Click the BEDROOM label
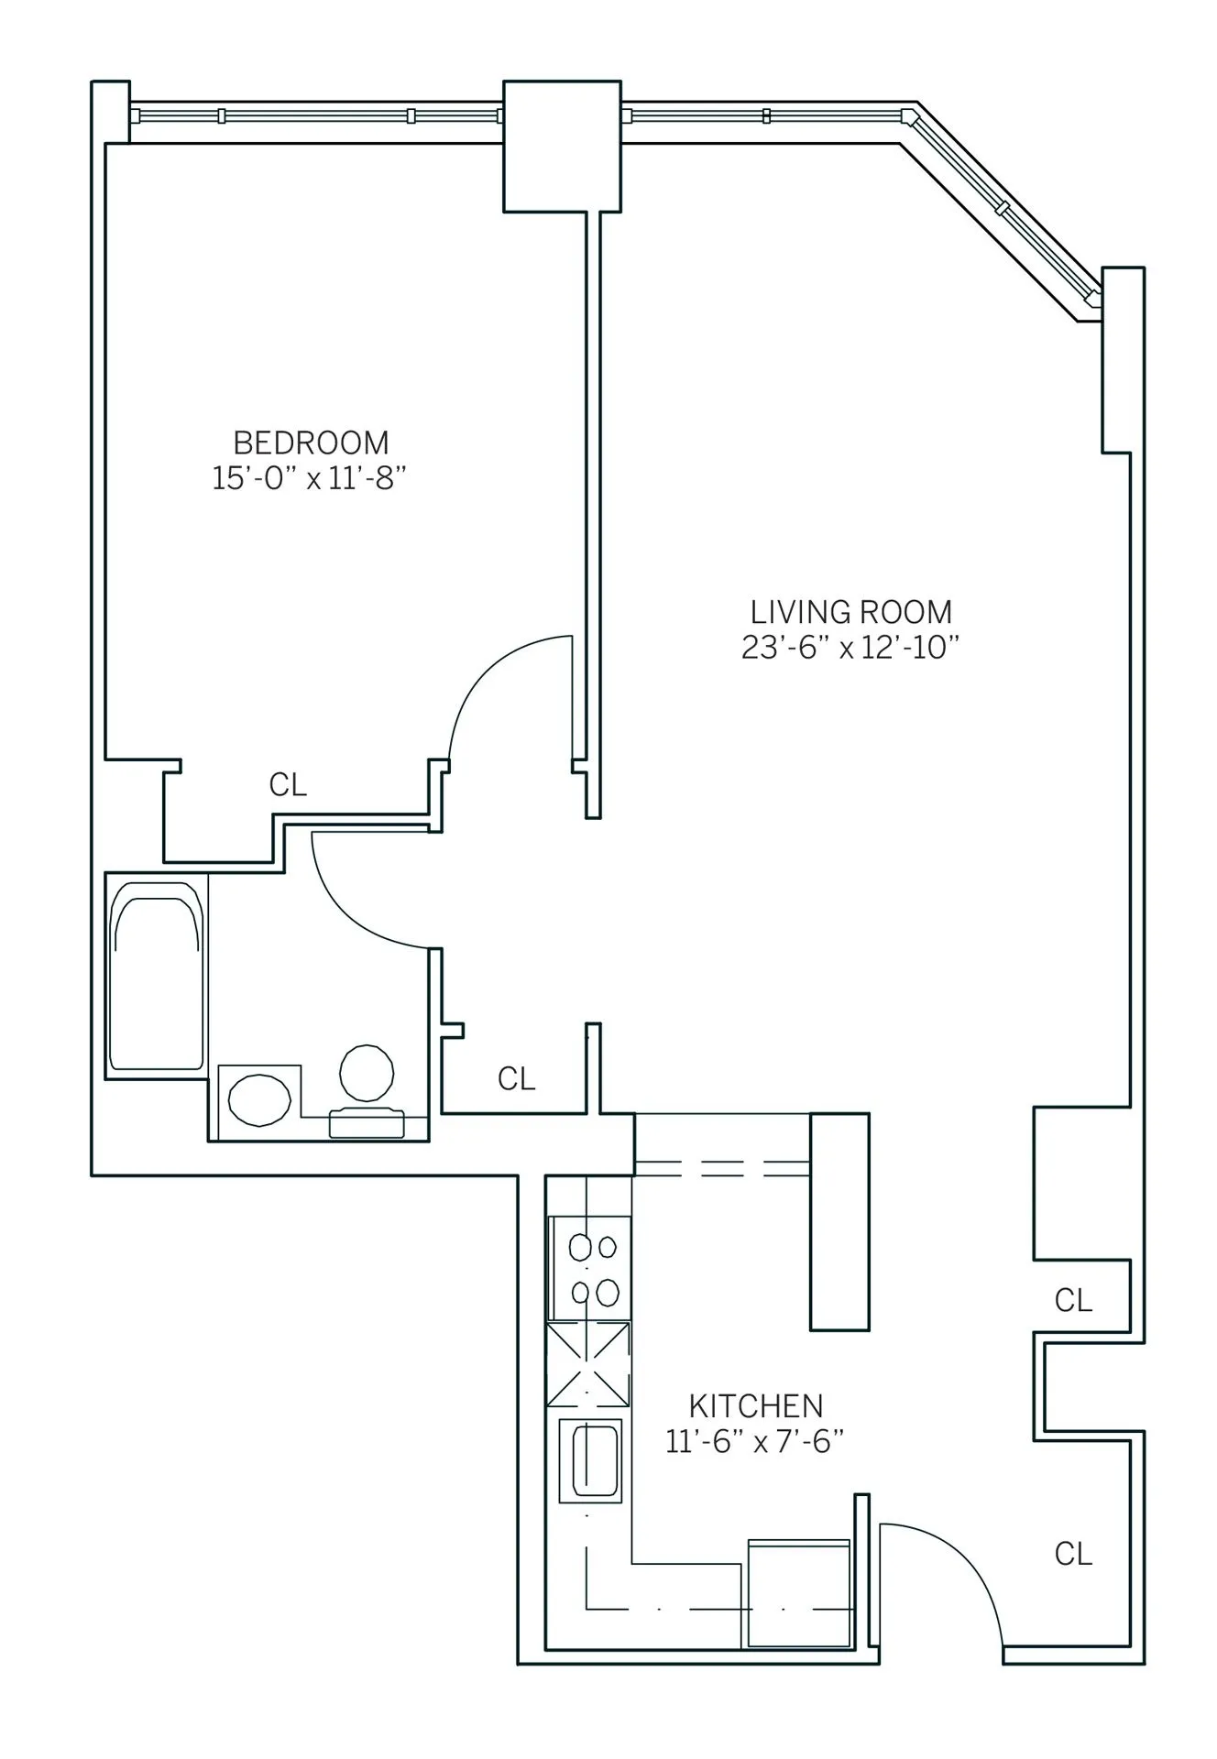pyautogui.click(x=311, y=443)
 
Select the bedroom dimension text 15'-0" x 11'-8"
pyautogui.click(x=309, y=478)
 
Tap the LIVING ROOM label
pyautogui.click(x=850, y=612)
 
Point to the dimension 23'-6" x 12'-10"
pyautogui.click(x=850, y=648)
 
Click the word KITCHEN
pyautogui.click(x=755, y=1405)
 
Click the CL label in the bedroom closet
pyautogui.click(x=288, y=785)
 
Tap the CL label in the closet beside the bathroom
pyautogui.click(x=516, y=1079)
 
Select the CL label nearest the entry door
pyautogui.click(x=1072, y=1554)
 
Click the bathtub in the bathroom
pyautogui.click(x=156, y=977)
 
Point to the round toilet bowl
pyautogui.click(x=367, y=1072)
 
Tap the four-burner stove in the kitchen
pyautogui.click(x=589, y=1269)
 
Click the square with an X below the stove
pyautogui.click(x=588, y=1364)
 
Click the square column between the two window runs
pyautogui.click(x=562, y=146)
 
